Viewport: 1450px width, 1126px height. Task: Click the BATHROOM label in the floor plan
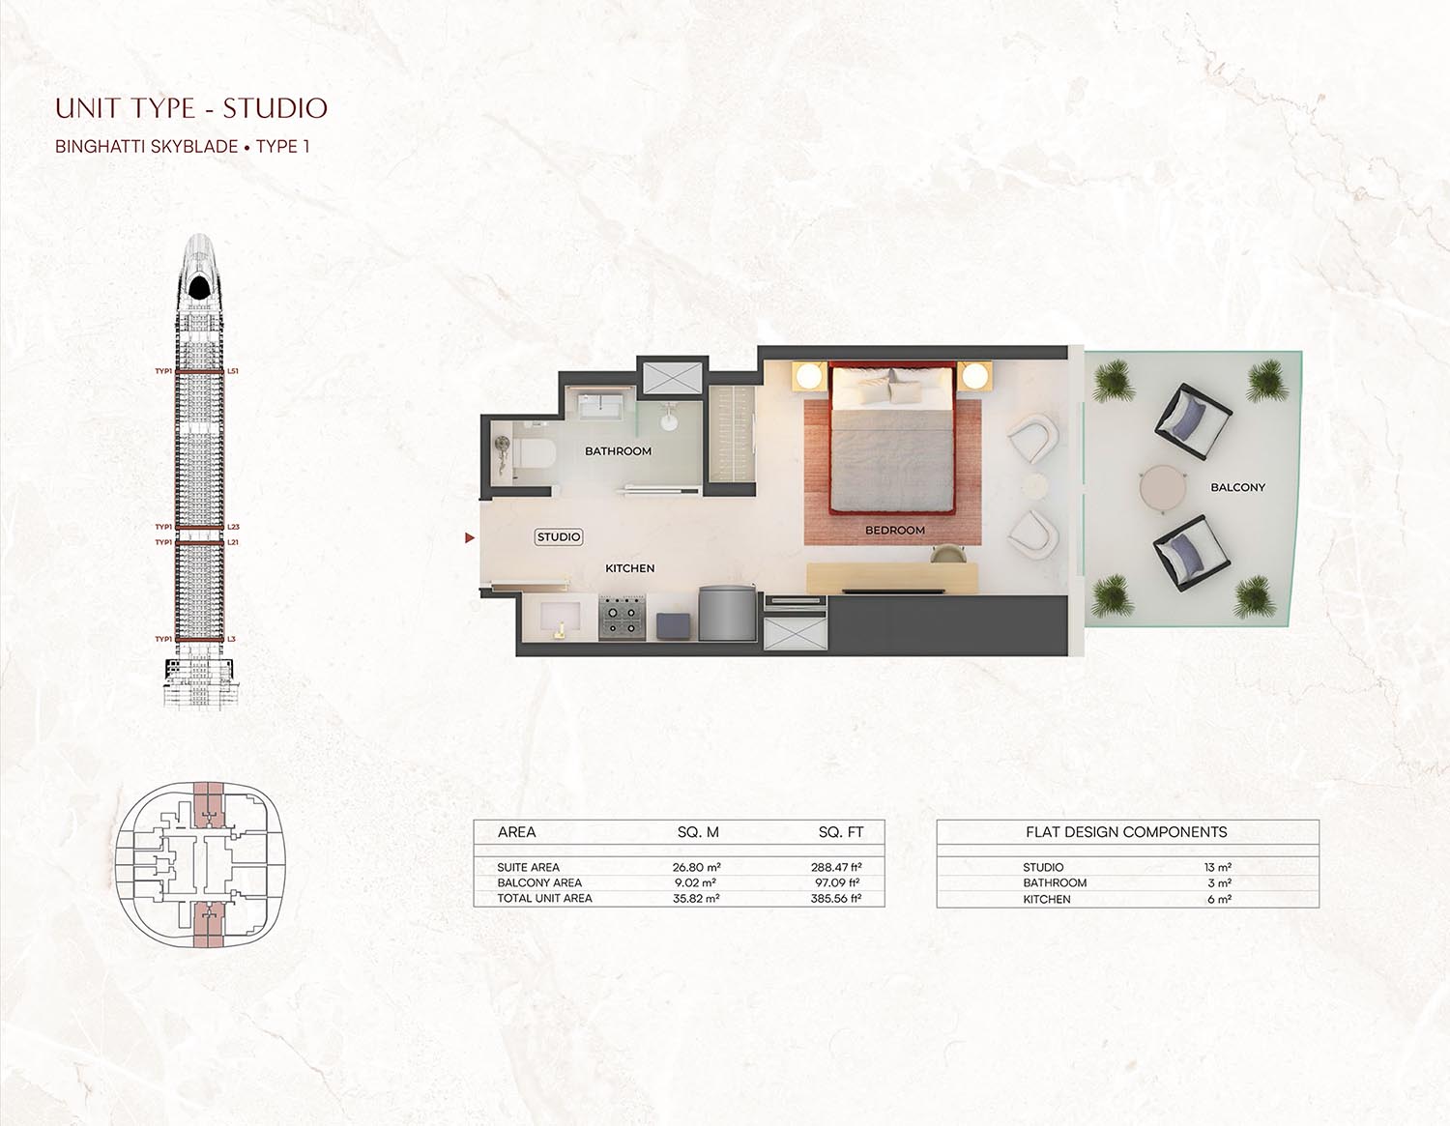pyautogui.click(x=618, y=451)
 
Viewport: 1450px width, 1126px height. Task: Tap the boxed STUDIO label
pyautogui.click(x=559, y=537)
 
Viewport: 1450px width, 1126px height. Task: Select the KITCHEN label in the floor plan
pyautogui.click(x=629, y=568)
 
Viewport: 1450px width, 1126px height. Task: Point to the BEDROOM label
pyautogui.click(x=894, y=531)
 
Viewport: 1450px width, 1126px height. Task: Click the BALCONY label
pyautogui.click(x=1237, y=487)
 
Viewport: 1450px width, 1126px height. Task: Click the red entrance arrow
pyautogui.click(x=470, y=537)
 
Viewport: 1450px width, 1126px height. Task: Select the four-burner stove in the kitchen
pyautogui.click(x=623, y=619)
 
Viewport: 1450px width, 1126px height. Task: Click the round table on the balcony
pyautogui.click(x=1162, y=488)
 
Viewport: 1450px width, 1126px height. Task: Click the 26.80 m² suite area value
pyautogui.click(x=696, y=868)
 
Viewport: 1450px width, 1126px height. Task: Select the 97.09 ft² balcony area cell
pyautogui.click(x=836, y=882)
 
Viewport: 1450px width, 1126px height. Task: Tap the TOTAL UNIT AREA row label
pyautogui.click(x=544, y=899)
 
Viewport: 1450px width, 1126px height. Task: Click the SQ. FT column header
pyautogui.click(x=840, y=832)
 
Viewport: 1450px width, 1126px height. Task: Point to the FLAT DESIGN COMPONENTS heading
pyautogui.click(x=1126, y=832)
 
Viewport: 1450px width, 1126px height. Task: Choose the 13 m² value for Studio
pyautogui.click(x=1218, y=868)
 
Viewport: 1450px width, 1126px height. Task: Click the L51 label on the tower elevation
pyautogui.click(x=233, y=371)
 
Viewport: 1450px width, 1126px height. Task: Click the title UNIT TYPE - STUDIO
pyautogui.click(x=191, y=108)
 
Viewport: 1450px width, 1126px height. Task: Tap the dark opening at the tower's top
pyautogui.click(x=199, y=287)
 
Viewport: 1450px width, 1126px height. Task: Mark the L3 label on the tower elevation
pyautogui.click(x=231, y=640)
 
